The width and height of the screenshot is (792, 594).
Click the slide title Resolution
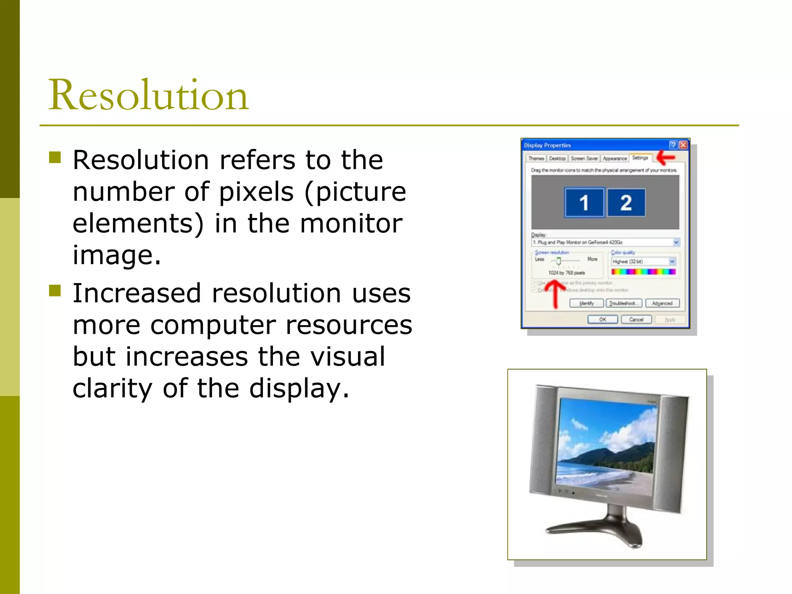click(x=148, y=95)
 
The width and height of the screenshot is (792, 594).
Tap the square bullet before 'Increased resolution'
click(x=55, y=290)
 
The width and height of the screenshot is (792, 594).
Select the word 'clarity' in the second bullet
click(x=113, y=388)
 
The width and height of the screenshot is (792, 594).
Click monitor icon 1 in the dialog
click(x=584, y=202)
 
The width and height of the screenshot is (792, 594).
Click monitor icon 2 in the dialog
click(x=626, y=202)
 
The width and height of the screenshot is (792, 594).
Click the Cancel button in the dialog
click(x=636, y=319)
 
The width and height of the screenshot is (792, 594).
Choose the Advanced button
click(x=662, y=303)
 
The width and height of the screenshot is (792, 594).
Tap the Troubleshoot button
click(x=624, y=303)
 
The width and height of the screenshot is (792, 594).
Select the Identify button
click(x=586, y=303)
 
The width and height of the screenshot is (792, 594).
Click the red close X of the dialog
click(x=683, y=145)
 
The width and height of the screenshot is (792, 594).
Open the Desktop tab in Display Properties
click(x=557, y=159)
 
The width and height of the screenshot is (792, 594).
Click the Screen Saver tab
click(x=584, y=159)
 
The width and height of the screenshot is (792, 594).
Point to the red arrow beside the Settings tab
click(x=666, y=157)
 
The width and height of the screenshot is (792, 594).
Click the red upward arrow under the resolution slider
click(x=555, y=294)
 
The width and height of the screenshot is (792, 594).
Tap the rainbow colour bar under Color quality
click(x=643, y=272)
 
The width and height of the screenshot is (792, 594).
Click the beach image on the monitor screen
click(x=605, y=445)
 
